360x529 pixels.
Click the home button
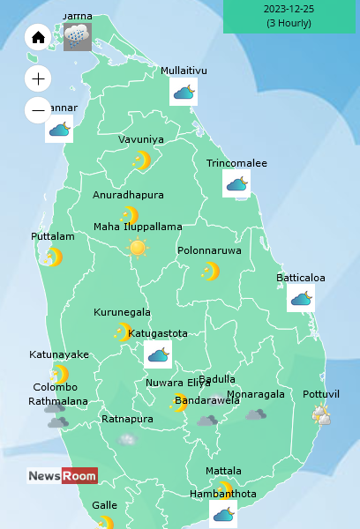38,38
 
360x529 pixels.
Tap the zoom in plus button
38,78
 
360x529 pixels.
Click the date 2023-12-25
289,9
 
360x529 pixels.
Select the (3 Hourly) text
289,23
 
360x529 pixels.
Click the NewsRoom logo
62,476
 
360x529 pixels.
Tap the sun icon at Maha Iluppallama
138,248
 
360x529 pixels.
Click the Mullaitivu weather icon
184,92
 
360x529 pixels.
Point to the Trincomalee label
236,163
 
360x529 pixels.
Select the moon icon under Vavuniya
141,160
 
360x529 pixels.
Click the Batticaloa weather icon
301,298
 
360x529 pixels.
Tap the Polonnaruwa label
209,250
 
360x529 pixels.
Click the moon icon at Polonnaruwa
210,271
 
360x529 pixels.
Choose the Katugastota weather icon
158,354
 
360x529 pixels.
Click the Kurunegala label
122,312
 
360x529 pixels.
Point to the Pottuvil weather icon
321,414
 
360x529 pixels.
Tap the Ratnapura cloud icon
128,438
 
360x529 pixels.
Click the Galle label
104,505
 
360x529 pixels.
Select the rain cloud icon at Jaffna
77,36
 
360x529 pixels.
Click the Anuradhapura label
128,195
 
